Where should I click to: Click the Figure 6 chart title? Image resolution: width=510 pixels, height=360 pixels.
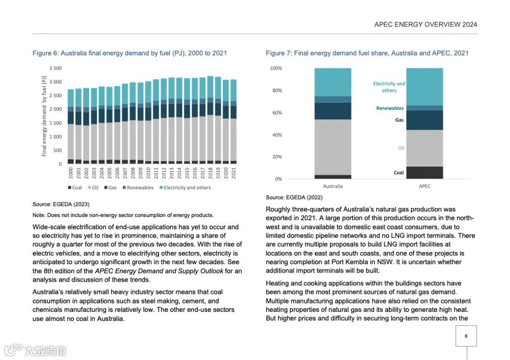click(129, 53)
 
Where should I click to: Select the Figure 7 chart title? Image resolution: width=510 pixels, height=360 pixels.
click(367, 53)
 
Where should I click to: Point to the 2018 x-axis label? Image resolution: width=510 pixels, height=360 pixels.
click(211, 174)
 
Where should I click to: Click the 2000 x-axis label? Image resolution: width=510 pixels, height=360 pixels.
click(71, 174)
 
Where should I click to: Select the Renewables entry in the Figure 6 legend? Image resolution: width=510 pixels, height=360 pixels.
click(138, 188)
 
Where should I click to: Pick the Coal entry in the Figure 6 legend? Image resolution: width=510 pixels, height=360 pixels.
click(75, 188)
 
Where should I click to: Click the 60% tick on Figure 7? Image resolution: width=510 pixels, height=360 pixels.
click(276, 113)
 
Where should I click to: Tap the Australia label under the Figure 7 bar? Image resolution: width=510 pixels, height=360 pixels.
click(332, 186)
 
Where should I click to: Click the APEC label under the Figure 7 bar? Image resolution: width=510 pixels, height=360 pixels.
click(425, 186)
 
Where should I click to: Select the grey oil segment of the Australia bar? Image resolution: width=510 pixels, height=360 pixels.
click(333, 147)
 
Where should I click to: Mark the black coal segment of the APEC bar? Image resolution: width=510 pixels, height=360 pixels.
click(425, 173)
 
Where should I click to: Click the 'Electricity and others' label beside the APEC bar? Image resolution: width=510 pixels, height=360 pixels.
click(389, 87)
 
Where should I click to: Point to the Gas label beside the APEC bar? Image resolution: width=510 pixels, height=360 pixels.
click(399, 120)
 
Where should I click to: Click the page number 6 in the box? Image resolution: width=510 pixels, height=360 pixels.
click(466, 336)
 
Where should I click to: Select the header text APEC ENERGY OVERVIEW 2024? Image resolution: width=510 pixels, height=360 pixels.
click(425, 25)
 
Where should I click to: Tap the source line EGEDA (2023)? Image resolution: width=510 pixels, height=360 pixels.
click(61, 204)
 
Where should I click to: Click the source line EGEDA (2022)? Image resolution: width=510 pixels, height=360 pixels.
click(294, 198)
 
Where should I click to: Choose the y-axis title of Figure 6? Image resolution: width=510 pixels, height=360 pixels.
click(44, 116)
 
